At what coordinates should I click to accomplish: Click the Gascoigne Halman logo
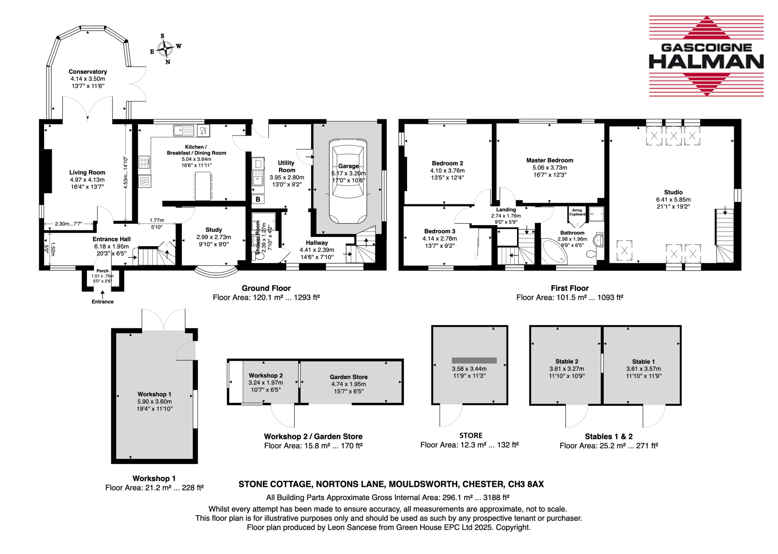706,56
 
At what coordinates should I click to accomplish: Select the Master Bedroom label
549,160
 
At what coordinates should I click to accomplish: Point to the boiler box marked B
258,199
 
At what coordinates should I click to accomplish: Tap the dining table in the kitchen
203,186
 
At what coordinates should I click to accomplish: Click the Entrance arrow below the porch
103,294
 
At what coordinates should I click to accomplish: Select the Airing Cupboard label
577,212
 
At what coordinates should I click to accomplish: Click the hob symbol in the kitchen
144,162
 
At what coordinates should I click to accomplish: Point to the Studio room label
673,192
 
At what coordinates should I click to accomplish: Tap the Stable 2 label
566,361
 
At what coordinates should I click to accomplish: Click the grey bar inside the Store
474,360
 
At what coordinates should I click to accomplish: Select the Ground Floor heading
266,288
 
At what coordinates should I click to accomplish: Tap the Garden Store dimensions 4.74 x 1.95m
348,384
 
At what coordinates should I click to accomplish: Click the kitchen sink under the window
183,130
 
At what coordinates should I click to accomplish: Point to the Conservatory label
88,71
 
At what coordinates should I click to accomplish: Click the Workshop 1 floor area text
154,488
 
